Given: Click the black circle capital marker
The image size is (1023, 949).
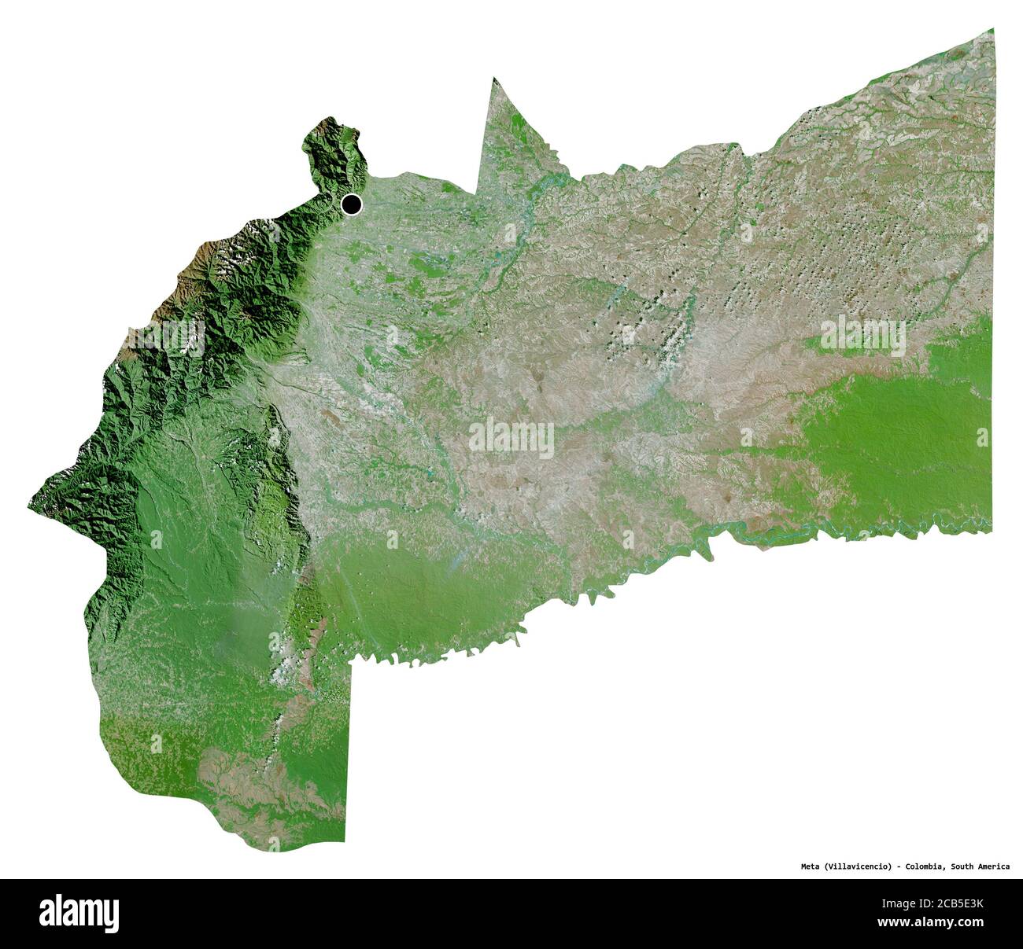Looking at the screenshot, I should click(x=352, y=204).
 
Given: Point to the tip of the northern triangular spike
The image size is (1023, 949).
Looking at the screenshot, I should click(x=494, y=78).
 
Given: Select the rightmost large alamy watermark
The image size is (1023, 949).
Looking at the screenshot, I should click(x=863, y=336).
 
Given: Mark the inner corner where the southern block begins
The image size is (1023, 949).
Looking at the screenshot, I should click(x=351, y=662).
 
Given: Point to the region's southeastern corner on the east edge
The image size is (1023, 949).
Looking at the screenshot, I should click(x=992, y=531).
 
